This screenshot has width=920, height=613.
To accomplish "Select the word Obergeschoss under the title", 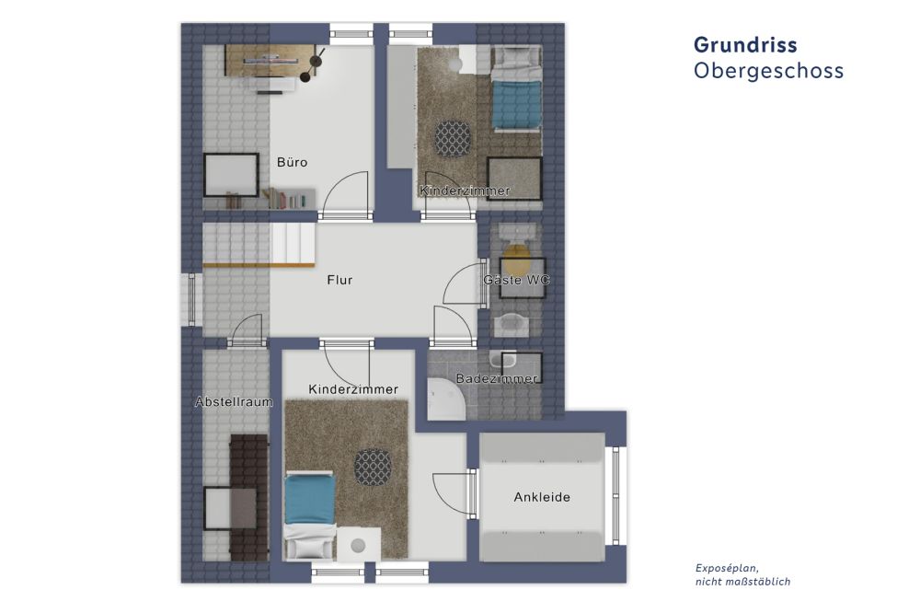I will [768, 71].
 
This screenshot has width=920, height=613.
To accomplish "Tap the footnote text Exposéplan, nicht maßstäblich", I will [742, 574].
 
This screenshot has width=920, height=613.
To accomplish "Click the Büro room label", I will [293, 162].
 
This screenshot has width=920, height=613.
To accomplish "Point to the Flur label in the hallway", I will [339, 280].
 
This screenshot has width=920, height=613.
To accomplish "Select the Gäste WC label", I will [515, 280].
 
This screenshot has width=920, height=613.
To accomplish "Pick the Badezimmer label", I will [497, 379].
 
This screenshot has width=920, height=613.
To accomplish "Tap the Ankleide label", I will [541, 497].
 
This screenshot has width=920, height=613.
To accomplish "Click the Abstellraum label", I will [234, 402].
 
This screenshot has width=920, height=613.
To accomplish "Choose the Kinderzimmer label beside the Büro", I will [465, 191].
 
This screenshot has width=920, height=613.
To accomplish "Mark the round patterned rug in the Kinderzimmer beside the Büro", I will [453, 138].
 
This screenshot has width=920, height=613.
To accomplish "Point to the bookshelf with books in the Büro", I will [288, 198].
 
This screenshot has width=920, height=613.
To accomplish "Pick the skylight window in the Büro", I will [230, 174].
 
